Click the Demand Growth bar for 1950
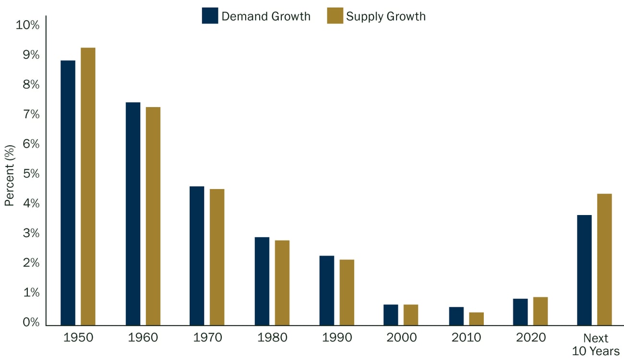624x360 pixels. click(68, 192)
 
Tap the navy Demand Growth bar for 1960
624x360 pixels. click(133, 214)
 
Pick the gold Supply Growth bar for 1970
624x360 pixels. click(217, 257)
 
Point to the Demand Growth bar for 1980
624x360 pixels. click(262, 281)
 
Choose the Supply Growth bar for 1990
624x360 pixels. click(347, 292)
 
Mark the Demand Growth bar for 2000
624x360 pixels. click(391, 315)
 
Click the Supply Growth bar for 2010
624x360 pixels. click(476, 319)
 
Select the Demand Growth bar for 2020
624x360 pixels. click(520, 312)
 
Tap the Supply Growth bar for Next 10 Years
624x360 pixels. click(604, 259)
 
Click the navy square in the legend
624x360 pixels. click(210, 16)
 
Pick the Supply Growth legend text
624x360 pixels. click(386, 16)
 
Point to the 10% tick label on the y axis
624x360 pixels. click(27, 25)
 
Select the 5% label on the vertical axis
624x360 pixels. click(30, 174)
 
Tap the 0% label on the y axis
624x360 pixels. click(30, 323)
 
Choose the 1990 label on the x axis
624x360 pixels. click(336, 338)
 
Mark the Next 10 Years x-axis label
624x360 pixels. click(596, 344)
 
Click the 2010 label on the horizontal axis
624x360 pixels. click(466, 338)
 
